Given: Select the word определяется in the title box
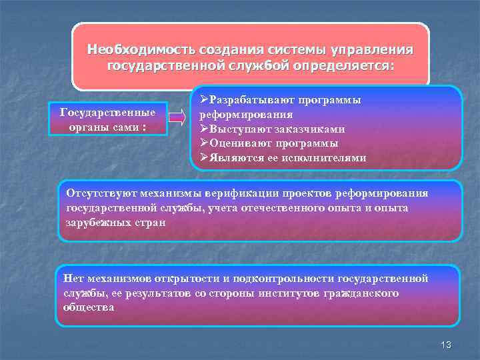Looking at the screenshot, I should tap(351, 66).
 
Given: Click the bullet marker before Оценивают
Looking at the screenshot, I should tap(205, 143).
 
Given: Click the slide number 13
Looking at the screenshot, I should tap(447, 344).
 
